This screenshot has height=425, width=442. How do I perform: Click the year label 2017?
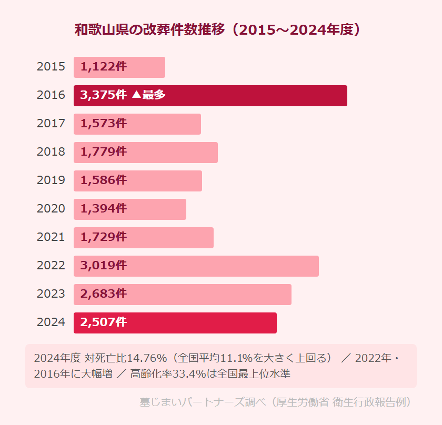click(51, 124)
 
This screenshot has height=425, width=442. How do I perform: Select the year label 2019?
click(51, 180)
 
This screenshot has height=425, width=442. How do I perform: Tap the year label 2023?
click(51, 294)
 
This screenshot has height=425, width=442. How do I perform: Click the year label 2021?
click(51, 237)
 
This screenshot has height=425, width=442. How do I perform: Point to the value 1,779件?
click(104, 152)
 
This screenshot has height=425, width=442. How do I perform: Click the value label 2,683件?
click(104, 294)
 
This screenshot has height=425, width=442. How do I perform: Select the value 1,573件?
click(104, 124)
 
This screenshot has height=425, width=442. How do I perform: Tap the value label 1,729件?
click(104, 237)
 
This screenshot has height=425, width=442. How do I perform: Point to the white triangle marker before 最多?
click(136, 96)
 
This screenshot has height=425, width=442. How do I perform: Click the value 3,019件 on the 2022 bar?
click(104, 266)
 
